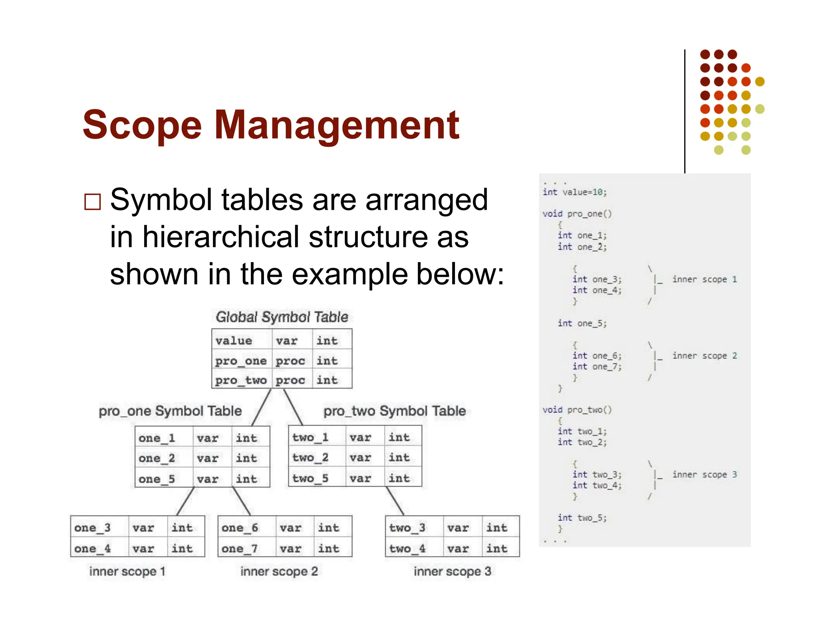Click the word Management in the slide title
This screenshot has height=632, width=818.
pos(337,125)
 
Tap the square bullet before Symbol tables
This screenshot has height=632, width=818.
pos(92,202)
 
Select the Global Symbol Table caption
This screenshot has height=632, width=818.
pos(282,317)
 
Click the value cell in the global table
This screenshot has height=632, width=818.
pos(234,341)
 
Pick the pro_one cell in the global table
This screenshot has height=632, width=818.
pos(241,361)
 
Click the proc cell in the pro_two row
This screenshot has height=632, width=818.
pos(290,380)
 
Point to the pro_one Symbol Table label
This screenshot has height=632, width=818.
pos(170,411)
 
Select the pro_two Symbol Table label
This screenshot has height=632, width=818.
pos(395,411)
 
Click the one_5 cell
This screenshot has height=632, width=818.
pos(157,479)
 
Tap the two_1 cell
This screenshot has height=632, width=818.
pos(310,437)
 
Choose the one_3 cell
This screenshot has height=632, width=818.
pos(92,528)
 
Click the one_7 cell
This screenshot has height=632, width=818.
pos(240,549)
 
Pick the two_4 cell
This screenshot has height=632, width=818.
pos(407,549)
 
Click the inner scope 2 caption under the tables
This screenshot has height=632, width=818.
pos(279,571)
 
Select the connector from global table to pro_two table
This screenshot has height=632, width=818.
pos(293,407)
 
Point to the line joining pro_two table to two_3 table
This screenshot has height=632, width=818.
pos(395,501)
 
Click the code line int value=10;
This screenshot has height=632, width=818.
pos(574,192)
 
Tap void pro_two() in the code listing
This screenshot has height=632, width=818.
pos(577,410)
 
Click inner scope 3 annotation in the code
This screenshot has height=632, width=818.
pos(704,475)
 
